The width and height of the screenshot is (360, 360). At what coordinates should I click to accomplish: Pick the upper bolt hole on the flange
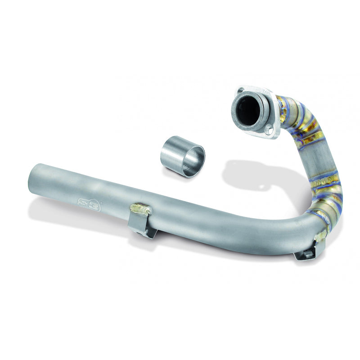(x=240, y=90)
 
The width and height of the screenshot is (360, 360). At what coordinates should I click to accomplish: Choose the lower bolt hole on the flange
(x=269, y=131)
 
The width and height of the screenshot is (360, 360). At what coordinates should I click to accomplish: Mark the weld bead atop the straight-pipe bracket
(x=140, y=210)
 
